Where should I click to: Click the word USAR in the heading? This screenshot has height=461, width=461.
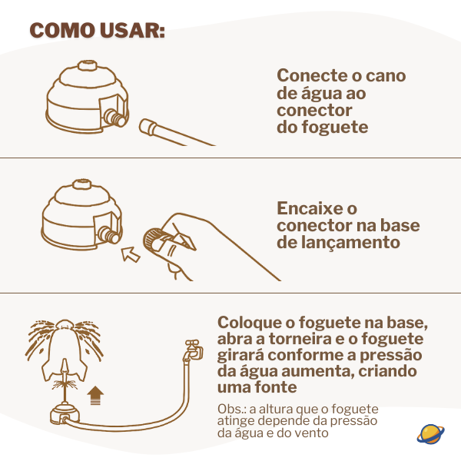coord(132,30)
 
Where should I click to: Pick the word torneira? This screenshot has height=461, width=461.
coord(300,339)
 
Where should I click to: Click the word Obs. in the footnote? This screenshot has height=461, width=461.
coord(232,409)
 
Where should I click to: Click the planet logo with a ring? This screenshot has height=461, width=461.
coord(430,434)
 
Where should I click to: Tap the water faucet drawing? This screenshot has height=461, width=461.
coord(193,350)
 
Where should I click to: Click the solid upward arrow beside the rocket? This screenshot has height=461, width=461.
coord(95,396)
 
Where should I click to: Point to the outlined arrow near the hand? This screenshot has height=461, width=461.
coord(131,254)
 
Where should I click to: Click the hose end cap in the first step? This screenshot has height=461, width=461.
coord(148,128)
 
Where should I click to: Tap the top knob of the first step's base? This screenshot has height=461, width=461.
coord(87,65)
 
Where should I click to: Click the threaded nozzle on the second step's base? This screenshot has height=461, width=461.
coord(109,234)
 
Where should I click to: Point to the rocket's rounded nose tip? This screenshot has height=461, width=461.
coord(65,323)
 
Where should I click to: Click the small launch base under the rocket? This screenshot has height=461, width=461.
coord(65,414)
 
